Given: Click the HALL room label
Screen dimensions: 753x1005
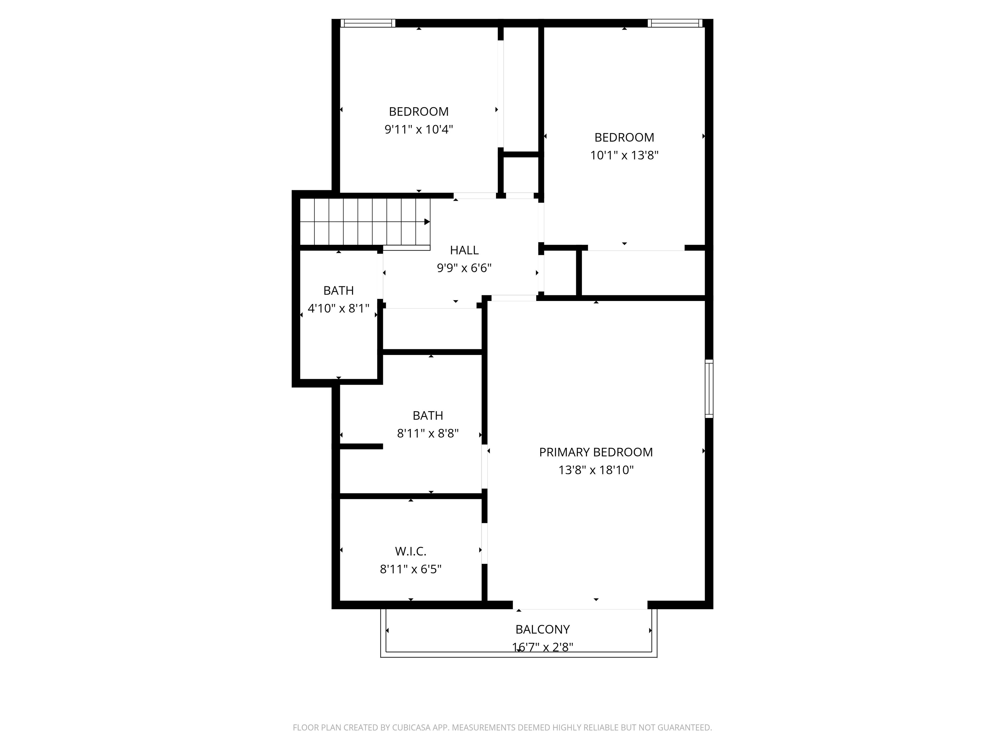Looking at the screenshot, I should [464, 250].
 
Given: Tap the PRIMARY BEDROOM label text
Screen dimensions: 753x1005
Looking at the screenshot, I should [596, 452].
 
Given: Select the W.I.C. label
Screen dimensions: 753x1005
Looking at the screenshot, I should [410, 551].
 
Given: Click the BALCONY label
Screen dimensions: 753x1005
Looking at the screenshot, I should [542, 629].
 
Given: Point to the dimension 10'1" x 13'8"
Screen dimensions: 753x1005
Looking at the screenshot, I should [624, 155].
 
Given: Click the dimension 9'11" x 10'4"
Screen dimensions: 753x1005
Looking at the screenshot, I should [418, 129].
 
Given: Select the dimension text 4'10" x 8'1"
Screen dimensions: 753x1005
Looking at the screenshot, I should [339, 309].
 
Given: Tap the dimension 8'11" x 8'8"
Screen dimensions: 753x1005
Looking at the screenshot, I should [428, 433].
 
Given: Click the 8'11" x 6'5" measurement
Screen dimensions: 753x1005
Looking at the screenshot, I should [410, 569].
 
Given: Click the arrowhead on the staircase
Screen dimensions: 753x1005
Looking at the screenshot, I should [427, 222].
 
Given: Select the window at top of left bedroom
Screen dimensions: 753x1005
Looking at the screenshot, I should [368, 23].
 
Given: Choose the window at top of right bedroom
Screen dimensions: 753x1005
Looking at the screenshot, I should [675, 23].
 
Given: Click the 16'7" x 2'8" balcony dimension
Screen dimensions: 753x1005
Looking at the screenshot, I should [542, 647].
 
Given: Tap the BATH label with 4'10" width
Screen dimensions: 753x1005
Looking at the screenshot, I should [339, 291].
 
